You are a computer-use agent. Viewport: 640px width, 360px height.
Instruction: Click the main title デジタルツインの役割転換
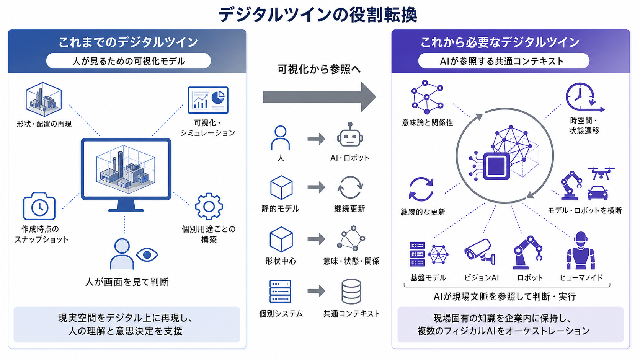click(318, 14)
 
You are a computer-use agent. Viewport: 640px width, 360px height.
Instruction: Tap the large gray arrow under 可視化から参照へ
click(320, 97)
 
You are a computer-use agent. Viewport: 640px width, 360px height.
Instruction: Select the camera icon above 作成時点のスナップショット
click(39, 206)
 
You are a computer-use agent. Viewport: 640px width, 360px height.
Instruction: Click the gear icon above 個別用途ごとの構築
click(209, 206)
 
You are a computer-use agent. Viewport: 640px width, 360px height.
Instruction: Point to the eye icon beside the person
click(147, 255)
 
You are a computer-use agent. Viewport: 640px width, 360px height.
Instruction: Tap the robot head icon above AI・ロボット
click(350, 134)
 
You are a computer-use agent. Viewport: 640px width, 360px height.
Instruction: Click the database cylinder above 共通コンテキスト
click(351, 292)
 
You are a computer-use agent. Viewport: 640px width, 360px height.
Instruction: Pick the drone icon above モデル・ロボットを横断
click(601, 173)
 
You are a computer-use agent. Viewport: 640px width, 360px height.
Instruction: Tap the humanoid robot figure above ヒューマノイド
click(581, 250)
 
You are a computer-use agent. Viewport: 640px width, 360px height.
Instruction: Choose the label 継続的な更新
click(423, 212)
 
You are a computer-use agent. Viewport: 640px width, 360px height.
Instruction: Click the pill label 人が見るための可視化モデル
click(129, 61)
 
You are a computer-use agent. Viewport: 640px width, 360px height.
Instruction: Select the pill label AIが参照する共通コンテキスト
click(504, 61)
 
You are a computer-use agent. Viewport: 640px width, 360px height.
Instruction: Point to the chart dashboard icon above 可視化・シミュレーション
click(208, 100)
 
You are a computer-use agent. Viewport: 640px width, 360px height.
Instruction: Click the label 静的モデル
click(280, 209)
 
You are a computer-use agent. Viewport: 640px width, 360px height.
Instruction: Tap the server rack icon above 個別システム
click(280, 291)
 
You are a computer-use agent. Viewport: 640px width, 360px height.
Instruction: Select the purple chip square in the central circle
click(496, 166)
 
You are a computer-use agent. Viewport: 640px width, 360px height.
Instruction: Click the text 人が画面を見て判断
click(127, 282)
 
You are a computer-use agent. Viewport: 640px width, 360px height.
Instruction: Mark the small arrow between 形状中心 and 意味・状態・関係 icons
click(316, 239)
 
